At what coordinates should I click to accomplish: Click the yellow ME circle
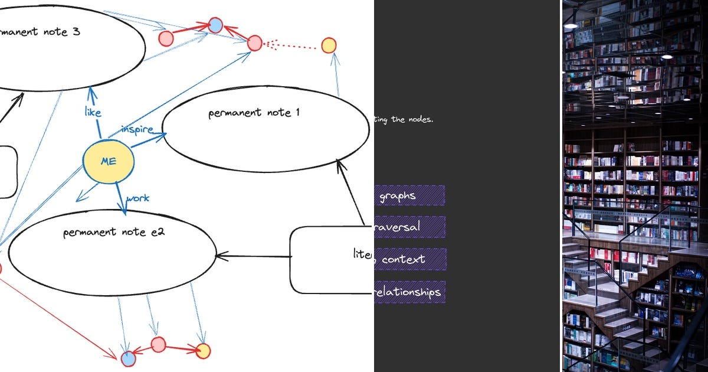(108, 161)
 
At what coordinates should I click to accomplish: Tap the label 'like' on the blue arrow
(93, 112)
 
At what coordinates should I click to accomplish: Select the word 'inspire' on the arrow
(137, 129)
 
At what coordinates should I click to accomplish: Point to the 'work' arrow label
(138, 198)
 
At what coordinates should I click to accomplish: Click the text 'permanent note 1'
(254, 112)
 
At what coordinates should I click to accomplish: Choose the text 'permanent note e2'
(113, 232)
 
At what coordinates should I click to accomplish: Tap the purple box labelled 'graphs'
(409, 195)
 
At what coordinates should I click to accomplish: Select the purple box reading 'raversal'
(409, 227)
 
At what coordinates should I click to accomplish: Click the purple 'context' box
(409, 259)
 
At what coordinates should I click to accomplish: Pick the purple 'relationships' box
(409, 292)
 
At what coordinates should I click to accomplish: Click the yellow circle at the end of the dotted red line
(329, 45)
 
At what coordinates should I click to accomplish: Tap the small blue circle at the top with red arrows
(215, 25)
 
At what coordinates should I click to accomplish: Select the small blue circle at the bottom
(128, 358)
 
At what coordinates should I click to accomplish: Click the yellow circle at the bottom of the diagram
(202, 351)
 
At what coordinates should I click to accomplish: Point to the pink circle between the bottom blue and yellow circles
(158, 344)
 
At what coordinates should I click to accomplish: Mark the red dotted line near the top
(292, 45)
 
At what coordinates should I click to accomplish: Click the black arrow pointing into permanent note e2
(254, 256)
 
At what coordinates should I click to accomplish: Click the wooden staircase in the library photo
(614, 307)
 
